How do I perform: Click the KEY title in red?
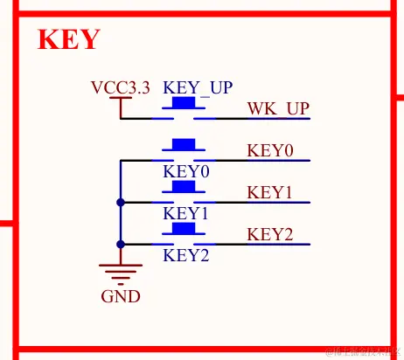pos(69,40)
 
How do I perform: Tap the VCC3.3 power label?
pos(120,87)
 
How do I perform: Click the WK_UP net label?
pos(278,108)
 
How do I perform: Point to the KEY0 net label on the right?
pos(270,150)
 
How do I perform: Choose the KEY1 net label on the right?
pos(269,192)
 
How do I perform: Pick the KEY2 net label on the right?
pos(269,234)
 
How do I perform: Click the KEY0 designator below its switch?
pos(186,172)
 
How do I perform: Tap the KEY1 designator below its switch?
pos(186,213)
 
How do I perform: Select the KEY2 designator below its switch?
pos(186,256)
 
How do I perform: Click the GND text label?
pos(121,296)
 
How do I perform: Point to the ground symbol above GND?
pos(121,272)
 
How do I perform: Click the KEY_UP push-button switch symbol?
pos(184,108)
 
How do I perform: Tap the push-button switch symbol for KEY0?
pos(184,150)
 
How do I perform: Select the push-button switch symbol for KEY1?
pos(184,192)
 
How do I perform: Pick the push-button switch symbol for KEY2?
pos(184,234)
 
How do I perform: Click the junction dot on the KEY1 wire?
pos(121,202)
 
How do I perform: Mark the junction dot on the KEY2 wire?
pos(121,244)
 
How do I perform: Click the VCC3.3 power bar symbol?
pos(121,99)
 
